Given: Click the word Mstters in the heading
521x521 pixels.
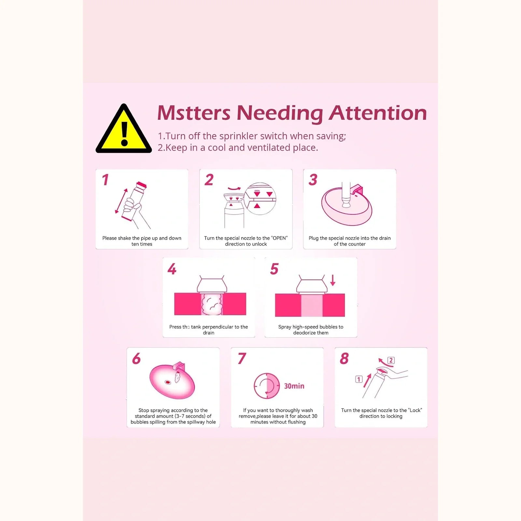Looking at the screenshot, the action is (194, 113).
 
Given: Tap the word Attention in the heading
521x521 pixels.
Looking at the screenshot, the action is (378, 113).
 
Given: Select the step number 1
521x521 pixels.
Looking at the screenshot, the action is (105, 180).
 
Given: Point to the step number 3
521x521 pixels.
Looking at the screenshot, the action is (313, 180).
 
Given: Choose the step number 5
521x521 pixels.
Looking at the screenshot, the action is (274, 269).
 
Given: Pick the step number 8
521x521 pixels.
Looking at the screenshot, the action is (344, 359).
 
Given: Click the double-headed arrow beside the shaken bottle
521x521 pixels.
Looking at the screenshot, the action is (121, 201).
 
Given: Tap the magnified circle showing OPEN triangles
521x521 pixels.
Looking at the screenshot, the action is (260, 199).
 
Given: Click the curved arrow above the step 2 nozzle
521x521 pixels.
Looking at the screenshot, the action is (234, 188).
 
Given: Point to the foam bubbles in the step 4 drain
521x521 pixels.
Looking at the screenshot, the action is (212, 304).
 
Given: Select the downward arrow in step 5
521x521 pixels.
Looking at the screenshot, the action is (332, 280).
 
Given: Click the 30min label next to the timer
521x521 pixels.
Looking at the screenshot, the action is (294, 386).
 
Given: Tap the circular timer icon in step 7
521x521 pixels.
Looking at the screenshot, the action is (267, 386).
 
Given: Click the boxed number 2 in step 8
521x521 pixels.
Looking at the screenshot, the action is (391, 360).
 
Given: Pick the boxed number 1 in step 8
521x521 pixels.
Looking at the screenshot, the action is (359, 379).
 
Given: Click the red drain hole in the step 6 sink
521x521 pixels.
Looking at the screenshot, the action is (168, 382).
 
